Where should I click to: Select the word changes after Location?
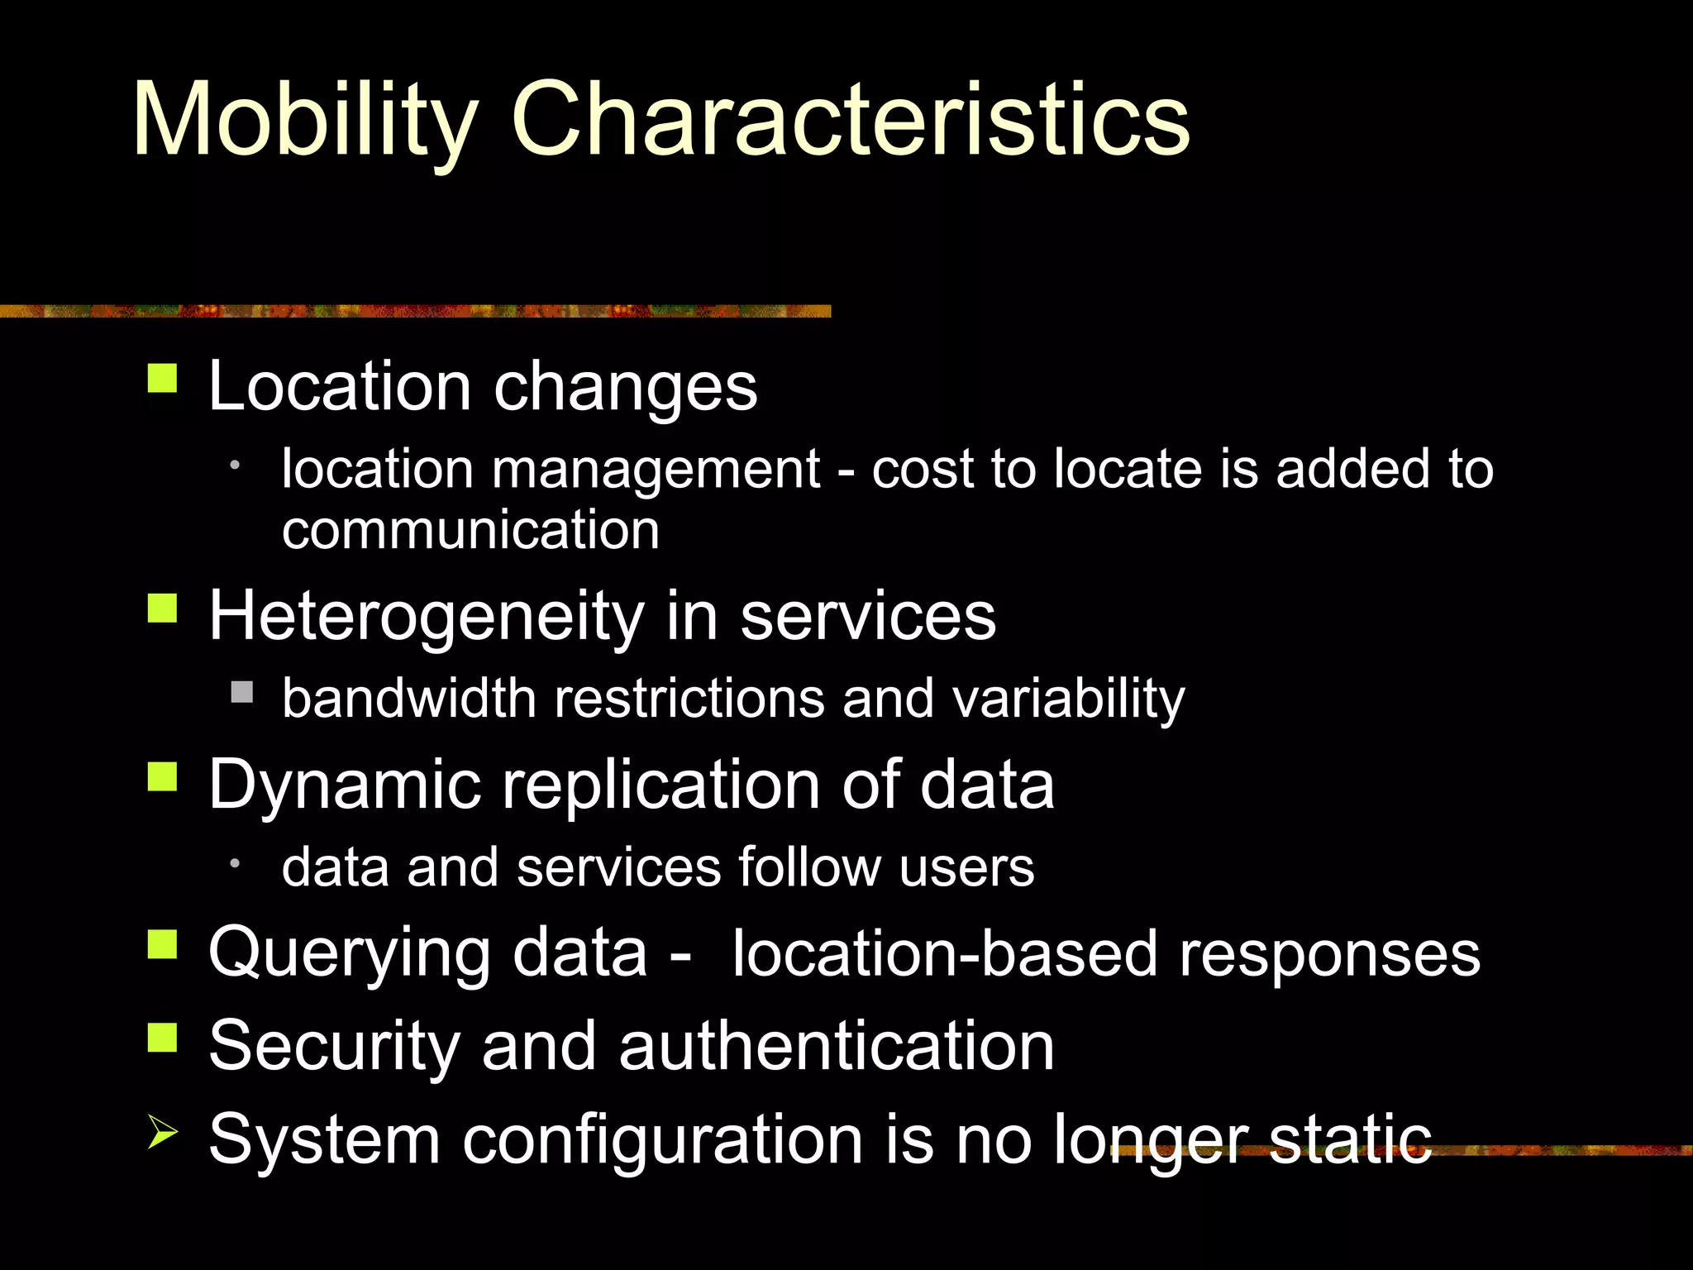[x=625, y=387]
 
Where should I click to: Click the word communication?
[x=470, y=530]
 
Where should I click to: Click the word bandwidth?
[x=408, y=699]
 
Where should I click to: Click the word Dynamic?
[x=345, y=785]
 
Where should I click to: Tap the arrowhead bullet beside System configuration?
[x=162, y=1130]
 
